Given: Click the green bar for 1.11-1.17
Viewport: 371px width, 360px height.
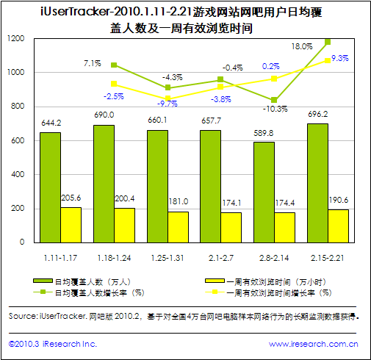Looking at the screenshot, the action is click(51, 187).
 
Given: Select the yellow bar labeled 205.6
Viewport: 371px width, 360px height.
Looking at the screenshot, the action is click(71, 225).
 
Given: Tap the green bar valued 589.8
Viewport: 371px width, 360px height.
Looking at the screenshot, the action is click(264, 192).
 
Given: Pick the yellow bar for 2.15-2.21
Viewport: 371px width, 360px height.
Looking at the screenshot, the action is click(338, 226).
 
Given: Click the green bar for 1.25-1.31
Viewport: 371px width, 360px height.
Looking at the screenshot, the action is click(157, 187).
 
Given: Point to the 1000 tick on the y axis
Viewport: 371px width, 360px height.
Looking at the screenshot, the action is click(16, 72).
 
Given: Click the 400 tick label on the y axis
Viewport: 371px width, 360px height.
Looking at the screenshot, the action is click(18, 175).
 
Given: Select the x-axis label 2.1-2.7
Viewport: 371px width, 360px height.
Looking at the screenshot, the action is click(221, 258).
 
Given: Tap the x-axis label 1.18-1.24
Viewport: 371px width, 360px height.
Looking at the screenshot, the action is click(114, 258).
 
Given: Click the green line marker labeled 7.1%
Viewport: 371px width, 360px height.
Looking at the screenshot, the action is click(114, 65).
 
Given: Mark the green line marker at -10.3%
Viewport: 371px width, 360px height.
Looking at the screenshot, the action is click(274, 100).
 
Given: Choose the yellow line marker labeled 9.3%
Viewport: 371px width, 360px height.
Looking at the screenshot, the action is click(328, 60).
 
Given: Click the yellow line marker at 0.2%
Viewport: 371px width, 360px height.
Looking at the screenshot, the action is click(274, 79).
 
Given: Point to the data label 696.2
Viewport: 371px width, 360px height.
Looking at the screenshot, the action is click(318, 114).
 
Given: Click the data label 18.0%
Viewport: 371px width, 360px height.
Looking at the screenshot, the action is click(302, 46).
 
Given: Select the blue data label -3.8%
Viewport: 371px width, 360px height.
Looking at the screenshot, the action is click(221, 99).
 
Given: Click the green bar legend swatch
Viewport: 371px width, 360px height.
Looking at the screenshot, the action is click(43, 281).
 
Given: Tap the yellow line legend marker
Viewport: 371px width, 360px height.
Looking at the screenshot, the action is click(215, 292).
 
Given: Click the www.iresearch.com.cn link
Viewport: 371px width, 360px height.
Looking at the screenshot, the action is click(314, 344).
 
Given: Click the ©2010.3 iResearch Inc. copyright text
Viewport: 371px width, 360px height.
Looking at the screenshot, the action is click(53, 344).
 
